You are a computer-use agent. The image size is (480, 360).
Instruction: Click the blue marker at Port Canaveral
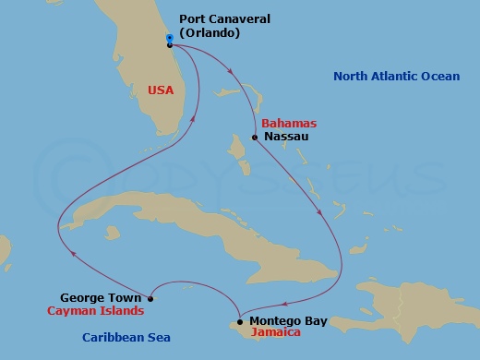click(170, 38)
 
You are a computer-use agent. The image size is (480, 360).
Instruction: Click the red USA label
click(159, 90)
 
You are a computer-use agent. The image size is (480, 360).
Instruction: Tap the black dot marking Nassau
click(255, 138)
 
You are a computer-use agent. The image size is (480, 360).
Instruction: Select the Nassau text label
click(285, 137)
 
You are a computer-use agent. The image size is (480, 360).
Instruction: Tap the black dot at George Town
click(150, 298)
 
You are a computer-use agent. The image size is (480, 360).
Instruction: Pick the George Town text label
click(101, 298)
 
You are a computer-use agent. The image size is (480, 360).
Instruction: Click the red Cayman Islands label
click(94, 312)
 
